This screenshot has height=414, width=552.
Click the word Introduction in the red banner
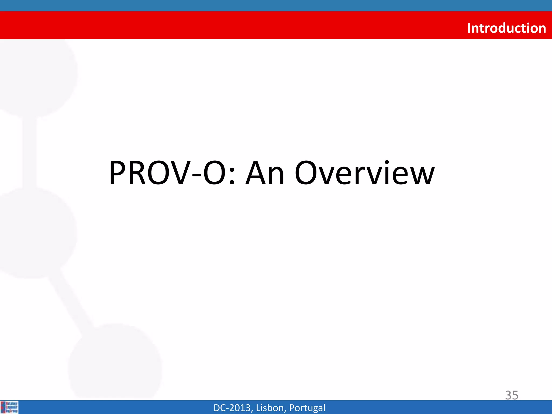pos(506,28)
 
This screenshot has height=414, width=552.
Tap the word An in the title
pos(265,173)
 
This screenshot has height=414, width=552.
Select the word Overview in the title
pos(364,173)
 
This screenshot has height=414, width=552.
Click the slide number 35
pos(511,395)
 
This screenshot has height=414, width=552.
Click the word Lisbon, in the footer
pos(271,408)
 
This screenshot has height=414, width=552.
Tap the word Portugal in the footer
pos(307,408)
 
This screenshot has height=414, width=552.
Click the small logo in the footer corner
pos(9,407)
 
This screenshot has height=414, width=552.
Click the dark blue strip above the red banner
pos(276,5)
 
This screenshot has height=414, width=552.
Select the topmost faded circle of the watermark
pos(38,75)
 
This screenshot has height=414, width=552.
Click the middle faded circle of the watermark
pos(35,232)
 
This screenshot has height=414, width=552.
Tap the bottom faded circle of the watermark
pos(116,361)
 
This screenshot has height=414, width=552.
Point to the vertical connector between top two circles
pos(29,152)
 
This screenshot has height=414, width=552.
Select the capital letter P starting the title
pos(119,173)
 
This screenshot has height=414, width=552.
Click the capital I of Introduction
pos(469,28)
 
